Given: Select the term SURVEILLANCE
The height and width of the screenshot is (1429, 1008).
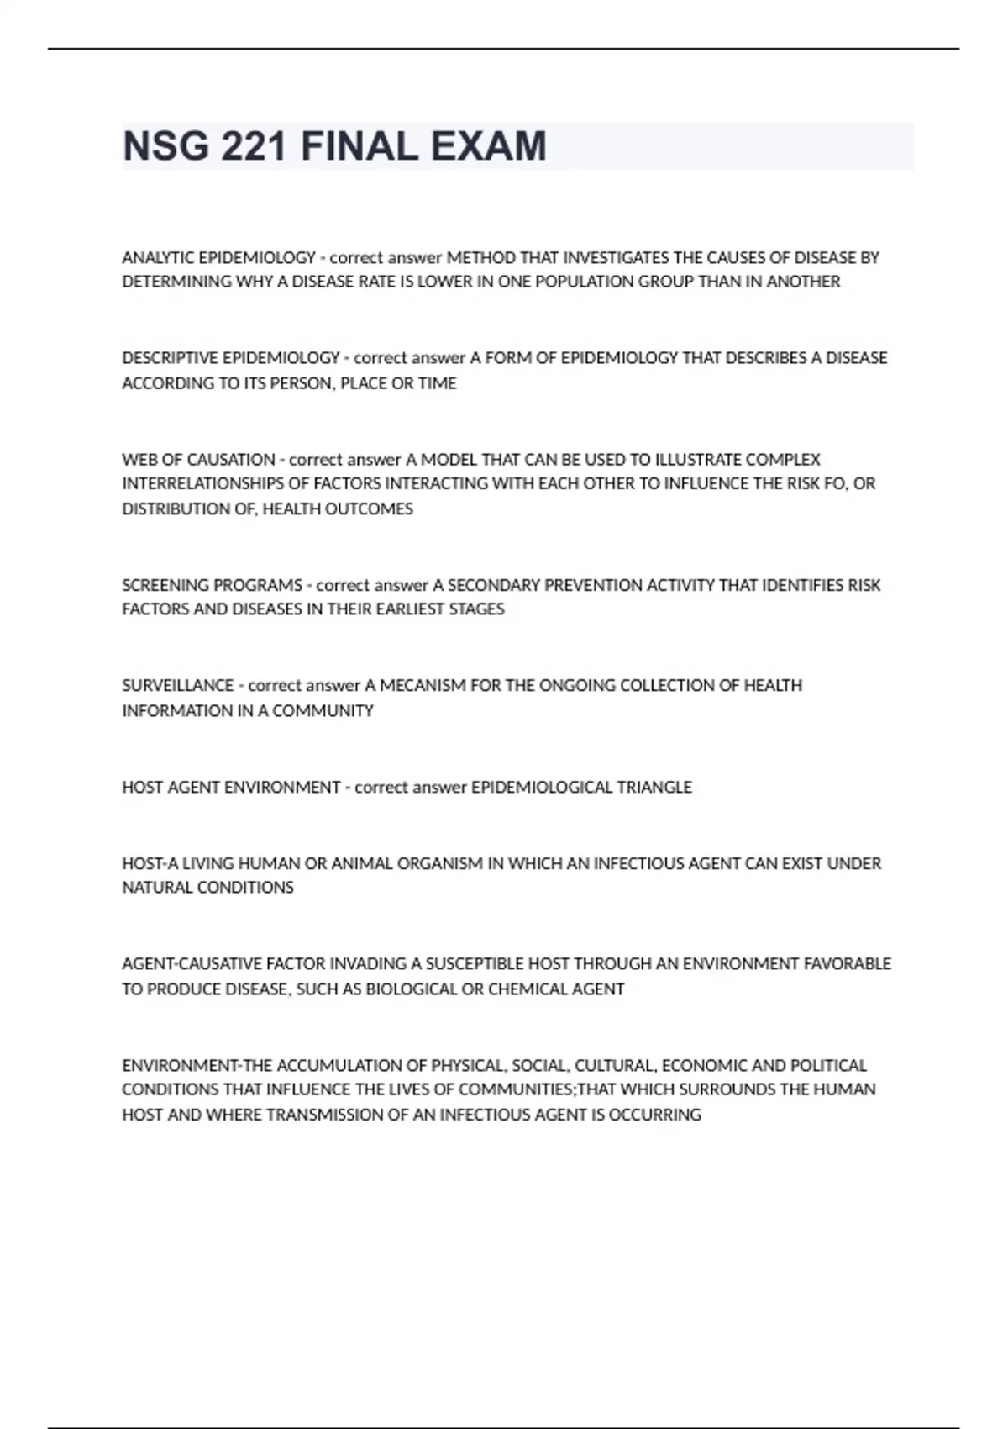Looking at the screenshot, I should coord(177,686).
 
